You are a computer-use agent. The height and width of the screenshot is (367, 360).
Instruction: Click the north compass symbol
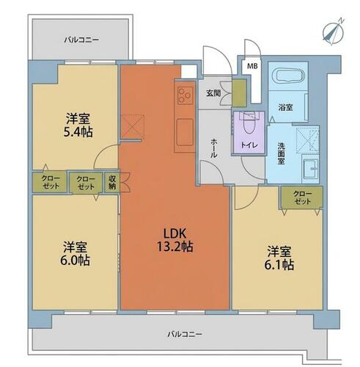point(333,32)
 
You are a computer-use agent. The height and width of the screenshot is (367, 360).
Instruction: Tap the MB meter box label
point(252,66)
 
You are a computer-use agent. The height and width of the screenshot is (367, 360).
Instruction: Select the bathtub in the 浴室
point(290,76)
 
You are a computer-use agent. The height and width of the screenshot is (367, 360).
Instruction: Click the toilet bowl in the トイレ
point(249,124)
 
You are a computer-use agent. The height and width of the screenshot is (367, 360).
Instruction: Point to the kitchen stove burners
point(185,95)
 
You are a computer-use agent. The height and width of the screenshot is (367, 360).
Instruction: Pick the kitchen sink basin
point(185,132)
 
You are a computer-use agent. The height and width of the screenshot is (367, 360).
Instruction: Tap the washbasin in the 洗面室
point(310,169)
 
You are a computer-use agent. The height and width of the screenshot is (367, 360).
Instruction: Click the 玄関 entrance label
point(213,93)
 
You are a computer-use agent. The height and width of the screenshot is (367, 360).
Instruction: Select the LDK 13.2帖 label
point(175,240)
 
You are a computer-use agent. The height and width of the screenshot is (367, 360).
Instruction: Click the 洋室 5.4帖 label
point(78,125)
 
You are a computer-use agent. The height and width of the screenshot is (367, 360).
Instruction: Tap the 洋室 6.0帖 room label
point(75,254)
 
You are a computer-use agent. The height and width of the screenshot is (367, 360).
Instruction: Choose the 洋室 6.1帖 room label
point(279,258)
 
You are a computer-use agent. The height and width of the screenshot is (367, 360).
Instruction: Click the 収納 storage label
point(112,182)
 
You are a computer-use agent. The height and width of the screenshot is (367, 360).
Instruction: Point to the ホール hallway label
point(213,148)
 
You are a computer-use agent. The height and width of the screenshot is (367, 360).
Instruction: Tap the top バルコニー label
point(81,40)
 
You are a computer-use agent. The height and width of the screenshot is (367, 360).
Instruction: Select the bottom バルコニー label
point(185,334)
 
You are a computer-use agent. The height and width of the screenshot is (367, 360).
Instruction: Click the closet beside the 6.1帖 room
point(302,197)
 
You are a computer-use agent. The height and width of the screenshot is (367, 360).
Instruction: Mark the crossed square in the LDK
point(133,127)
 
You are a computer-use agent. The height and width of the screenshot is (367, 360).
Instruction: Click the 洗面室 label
point(281,153)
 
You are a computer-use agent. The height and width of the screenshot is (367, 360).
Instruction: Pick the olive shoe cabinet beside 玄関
point(239,93)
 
